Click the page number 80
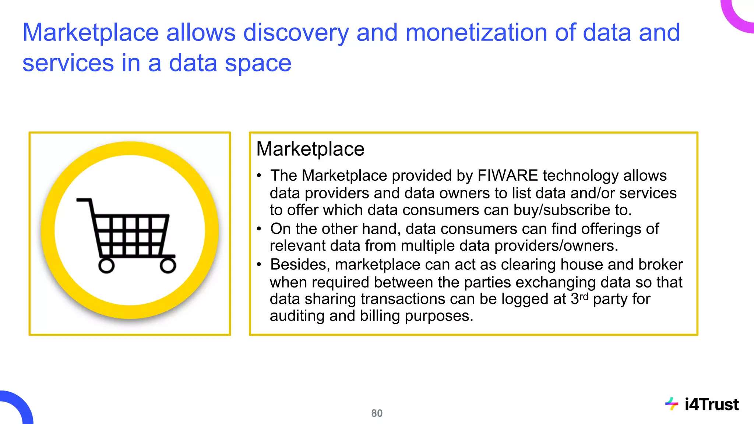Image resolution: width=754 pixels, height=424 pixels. point(377,413)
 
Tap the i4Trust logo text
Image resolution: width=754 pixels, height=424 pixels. point(711,404)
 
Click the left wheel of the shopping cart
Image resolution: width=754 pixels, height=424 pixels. point(106,265)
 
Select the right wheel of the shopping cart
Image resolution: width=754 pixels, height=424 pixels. point(168,265)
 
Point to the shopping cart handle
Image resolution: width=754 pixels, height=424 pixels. point(84,200)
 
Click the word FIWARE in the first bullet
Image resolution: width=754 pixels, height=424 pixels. point(508,176)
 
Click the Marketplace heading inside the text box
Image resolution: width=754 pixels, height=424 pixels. point(310,149)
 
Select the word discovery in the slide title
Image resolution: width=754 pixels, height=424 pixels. point(296,32)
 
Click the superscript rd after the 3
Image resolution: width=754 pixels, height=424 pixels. point(584,296)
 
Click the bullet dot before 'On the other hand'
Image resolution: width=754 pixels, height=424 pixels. point(259,229)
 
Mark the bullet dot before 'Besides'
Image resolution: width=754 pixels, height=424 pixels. point(259,265)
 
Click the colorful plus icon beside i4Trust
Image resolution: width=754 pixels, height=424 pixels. point(672,404)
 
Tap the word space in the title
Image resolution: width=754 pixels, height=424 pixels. point(258,63)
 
